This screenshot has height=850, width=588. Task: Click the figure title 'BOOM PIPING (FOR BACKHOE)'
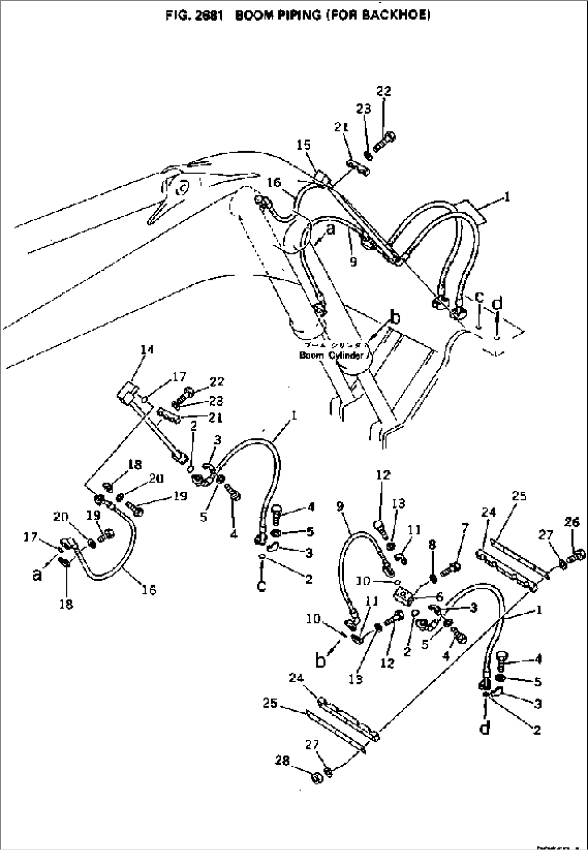coord(332,16)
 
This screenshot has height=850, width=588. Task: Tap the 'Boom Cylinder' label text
coord(330,355)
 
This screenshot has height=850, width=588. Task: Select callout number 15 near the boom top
coord(304,145)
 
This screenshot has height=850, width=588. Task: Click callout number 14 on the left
coord(146,350)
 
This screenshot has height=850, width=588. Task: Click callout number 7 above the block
coord(465,527)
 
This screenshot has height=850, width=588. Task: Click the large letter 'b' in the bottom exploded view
coord(321,659)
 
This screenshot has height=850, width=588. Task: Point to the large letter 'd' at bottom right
coord(485,728)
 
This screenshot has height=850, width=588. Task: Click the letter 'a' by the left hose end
coord(37,575)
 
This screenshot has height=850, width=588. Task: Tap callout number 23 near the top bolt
coord(364,109)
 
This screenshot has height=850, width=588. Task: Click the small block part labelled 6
coord(404,595)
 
